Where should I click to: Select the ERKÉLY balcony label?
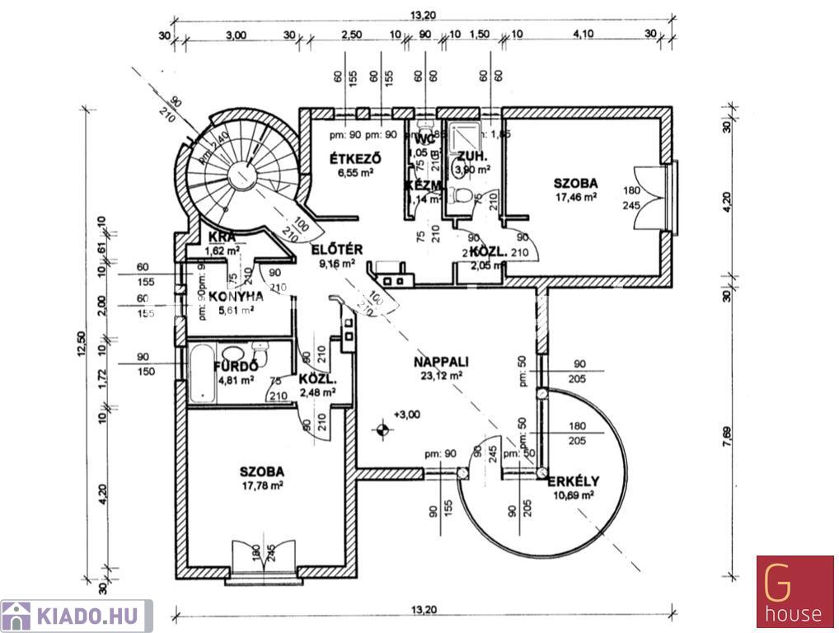click(574, 481)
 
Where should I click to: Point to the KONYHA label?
click(236, 296)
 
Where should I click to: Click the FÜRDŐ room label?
click(237, 366)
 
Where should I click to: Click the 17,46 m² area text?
click(574, 197)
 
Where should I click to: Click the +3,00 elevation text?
click(407, 414)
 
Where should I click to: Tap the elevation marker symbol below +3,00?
click(382, 429)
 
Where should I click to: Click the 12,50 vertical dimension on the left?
click(81, 343)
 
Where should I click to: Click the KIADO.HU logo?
click(76, 616)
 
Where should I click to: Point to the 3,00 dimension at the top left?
click(236, 34)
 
